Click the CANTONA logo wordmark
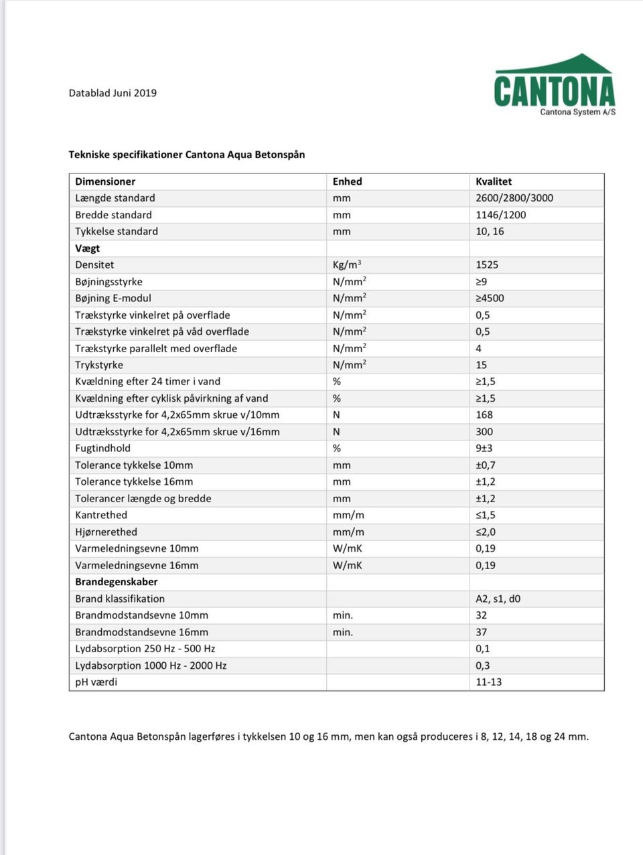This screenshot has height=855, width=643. point(554,91)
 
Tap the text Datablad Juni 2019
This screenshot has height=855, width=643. point(113,93)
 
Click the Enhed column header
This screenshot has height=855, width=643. point(347,181)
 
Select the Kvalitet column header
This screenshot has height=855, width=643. point(494,181)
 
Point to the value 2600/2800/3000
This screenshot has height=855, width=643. point(514,198)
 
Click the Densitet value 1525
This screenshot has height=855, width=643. point(487,264)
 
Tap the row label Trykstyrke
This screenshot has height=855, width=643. point(99,365)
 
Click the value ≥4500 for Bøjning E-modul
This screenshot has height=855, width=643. point(490,298)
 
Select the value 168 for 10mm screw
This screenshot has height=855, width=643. point(484,415)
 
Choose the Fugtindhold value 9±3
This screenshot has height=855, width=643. point(484,449)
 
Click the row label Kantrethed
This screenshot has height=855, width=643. point(101,515)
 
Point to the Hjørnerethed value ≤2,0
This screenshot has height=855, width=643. point(486,532)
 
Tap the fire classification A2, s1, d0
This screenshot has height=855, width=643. point(498,599)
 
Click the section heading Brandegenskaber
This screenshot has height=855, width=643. point(117,582)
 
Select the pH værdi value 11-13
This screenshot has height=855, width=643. point(489,682)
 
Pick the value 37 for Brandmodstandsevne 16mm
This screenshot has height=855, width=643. point(482,632)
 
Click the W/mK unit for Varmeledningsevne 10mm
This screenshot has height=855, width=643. point(348,548)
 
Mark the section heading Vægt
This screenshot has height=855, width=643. point(88,248)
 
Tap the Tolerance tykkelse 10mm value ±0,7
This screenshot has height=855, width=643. point(486,465)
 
